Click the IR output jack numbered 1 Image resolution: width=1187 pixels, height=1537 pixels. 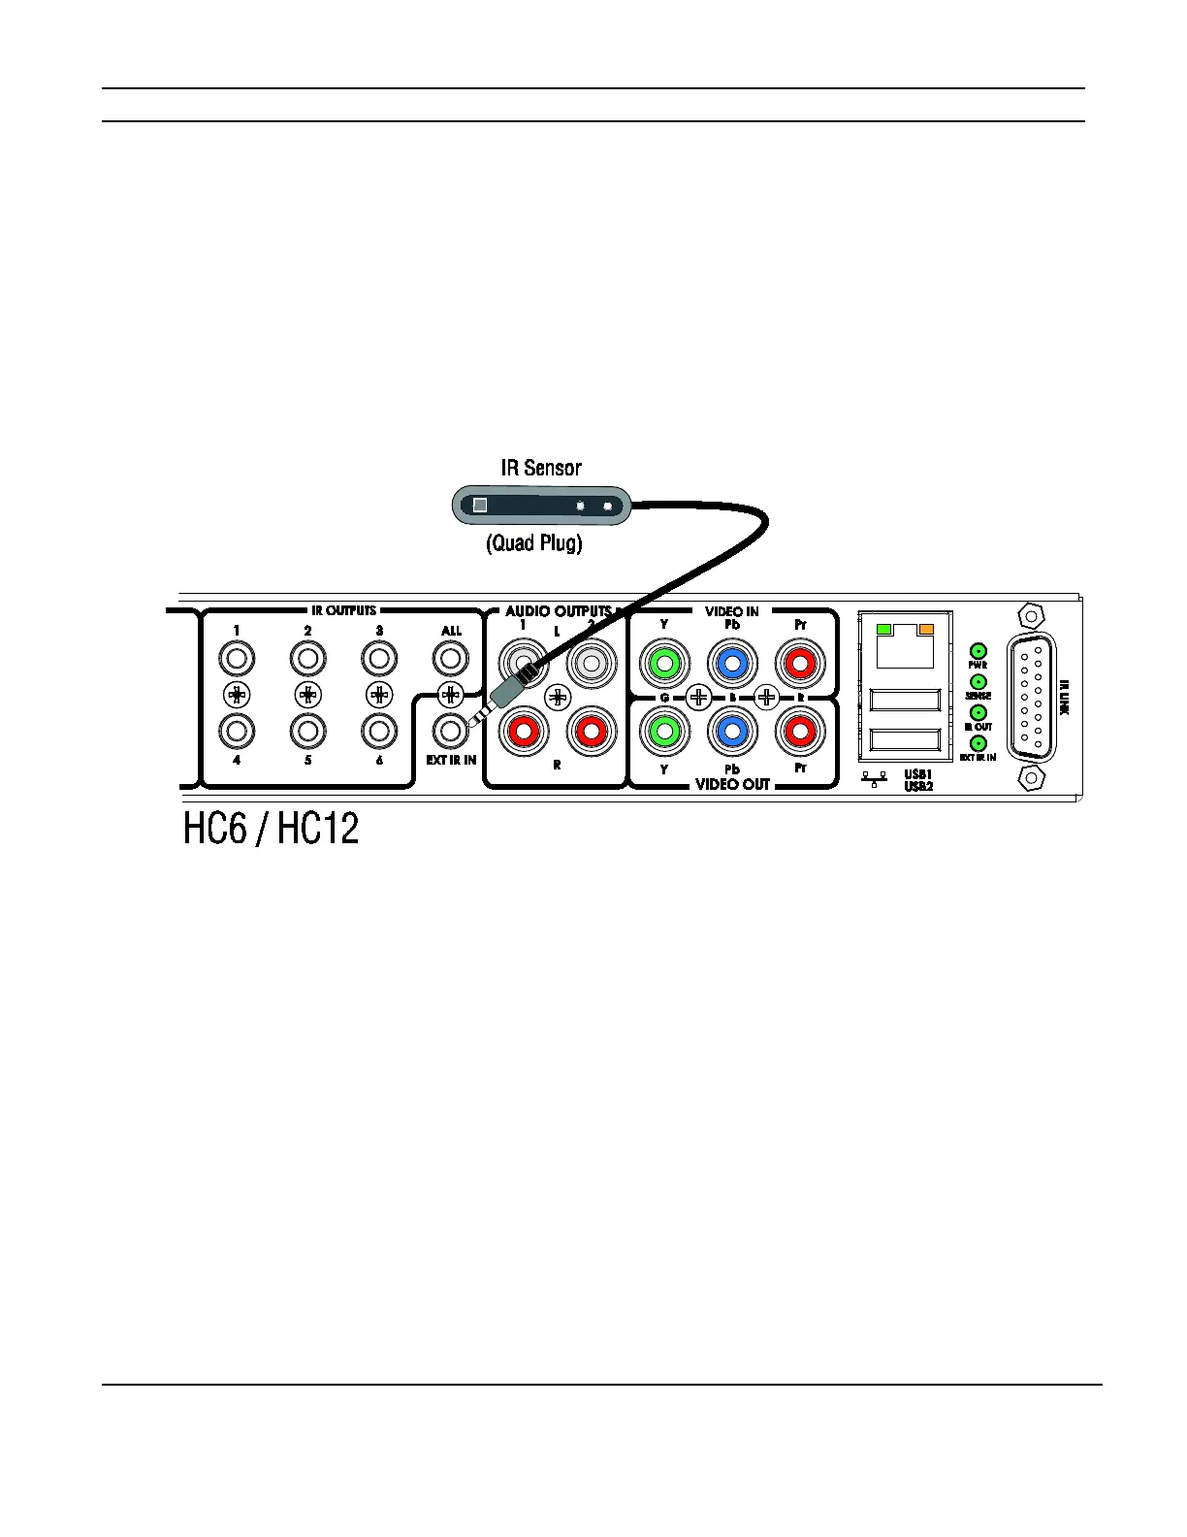236,660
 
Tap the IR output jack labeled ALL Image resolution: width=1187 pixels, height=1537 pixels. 450,660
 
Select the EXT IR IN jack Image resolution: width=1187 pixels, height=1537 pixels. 450,729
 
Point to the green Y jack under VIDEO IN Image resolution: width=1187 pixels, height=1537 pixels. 664,665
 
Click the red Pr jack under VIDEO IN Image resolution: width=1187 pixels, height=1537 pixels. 800,665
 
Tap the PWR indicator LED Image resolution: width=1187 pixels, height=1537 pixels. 978,651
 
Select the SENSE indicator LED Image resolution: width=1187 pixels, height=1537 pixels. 978,682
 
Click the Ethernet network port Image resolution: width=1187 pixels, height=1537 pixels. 905,645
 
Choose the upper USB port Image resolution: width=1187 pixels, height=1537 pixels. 905,701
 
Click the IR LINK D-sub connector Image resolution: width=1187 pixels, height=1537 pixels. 1031,697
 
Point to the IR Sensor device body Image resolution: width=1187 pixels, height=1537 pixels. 541,506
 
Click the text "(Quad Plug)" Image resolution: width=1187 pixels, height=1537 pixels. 534,543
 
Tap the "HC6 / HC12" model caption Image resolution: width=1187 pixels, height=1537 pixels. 272,829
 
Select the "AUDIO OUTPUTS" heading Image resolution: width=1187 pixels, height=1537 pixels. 558,611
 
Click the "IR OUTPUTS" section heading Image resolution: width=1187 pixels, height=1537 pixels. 343,610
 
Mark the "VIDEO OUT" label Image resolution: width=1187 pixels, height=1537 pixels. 732,784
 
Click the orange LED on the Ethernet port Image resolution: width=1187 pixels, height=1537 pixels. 925,630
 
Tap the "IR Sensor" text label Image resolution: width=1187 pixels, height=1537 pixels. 541,468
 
